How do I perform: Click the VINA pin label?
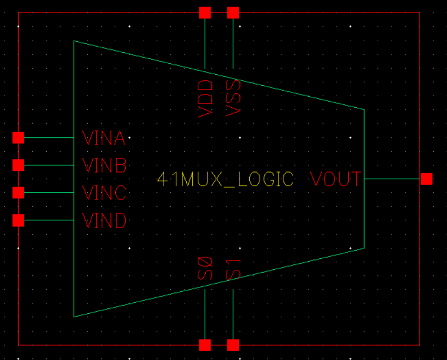point(104,138)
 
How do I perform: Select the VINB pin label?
point(104,165)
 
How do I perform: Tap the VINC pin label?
point(104,193)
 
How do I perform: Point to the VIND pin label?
point(104,221)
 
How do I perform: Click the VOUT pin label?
point(336,179)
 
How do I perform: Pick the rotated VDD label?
point(205,98)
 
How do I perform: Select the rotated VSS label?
point(233,97)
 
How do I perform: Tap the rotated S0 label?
point(205,268)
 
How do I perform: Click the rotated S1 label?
point(233,269)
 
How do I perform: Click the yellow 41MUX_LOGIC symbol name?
point(226,180)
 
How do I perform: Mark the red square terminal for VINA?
point(18,137)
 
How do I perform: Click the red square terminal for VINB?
point(18,165)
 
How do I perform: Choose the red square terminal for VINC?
point(18,192)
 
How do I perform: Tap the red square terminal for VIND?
point(18,220)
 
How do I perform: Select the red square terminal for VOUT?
point(426,179)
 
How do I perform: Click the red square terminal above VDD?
point(205,12)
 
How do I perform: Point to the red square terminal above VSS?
point(233,12)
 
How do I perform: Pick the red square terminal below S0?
point(205,345)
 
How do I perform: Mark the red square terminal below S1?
point(233,345)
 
